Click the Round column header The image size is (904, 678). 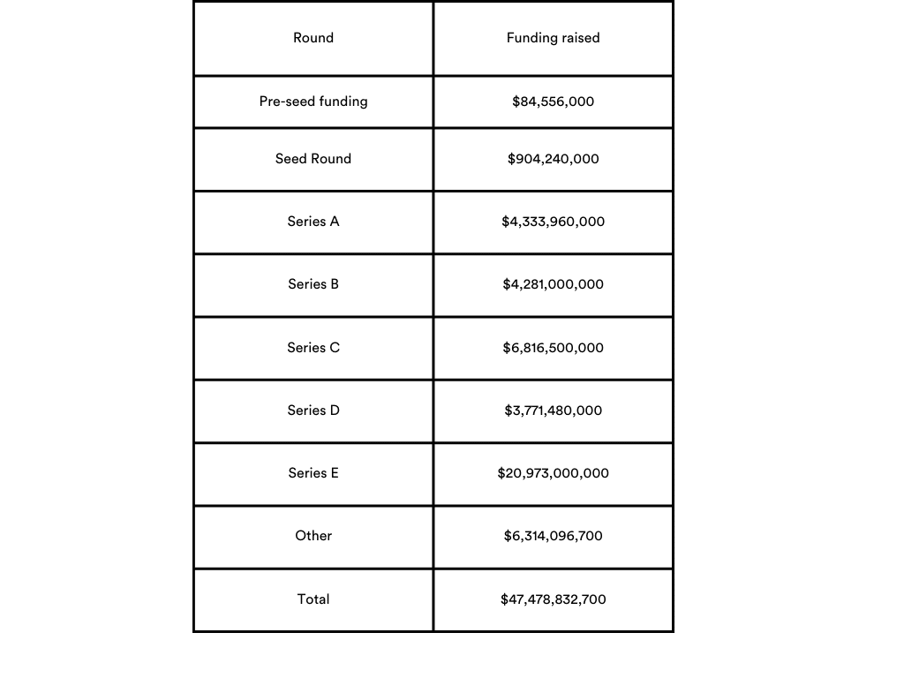coord(313,38)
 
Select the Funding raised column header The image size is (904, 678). coord(553,38)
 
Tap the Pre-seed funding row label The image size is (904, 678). coord(313,102)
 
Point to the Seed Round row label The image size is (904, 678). coord(313,159)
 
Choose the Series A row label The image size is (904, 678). coord(313,222)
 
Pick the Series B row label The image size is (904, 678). coord(313,284)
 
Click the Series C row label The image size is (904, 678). coord(313,348)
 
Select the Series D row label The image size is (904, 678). coord(313,411)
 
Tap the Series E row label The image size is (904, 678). coord(313,473)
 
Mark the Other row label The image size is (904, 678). coord(313,536)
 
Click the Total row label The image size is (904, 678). coord(313,599)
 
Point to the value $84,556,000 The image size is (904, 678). coord(553,102)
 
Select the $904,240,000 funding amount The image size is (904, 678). coord(553,159)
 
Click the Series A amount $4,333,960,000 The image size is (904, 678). coord(553,222)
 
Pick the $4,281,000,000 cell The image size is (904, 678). coord(553,284)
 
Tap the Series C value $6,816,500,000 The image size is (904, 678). coord(553,348)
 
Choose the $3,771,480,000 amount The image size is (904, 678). coord(553,411)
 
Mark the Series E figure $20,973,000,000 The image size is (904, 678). coord(553,473)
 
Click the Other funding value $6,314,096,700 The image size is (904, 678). coord(553,536)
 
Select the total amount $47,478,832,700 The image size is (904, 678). coord(553,599)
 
